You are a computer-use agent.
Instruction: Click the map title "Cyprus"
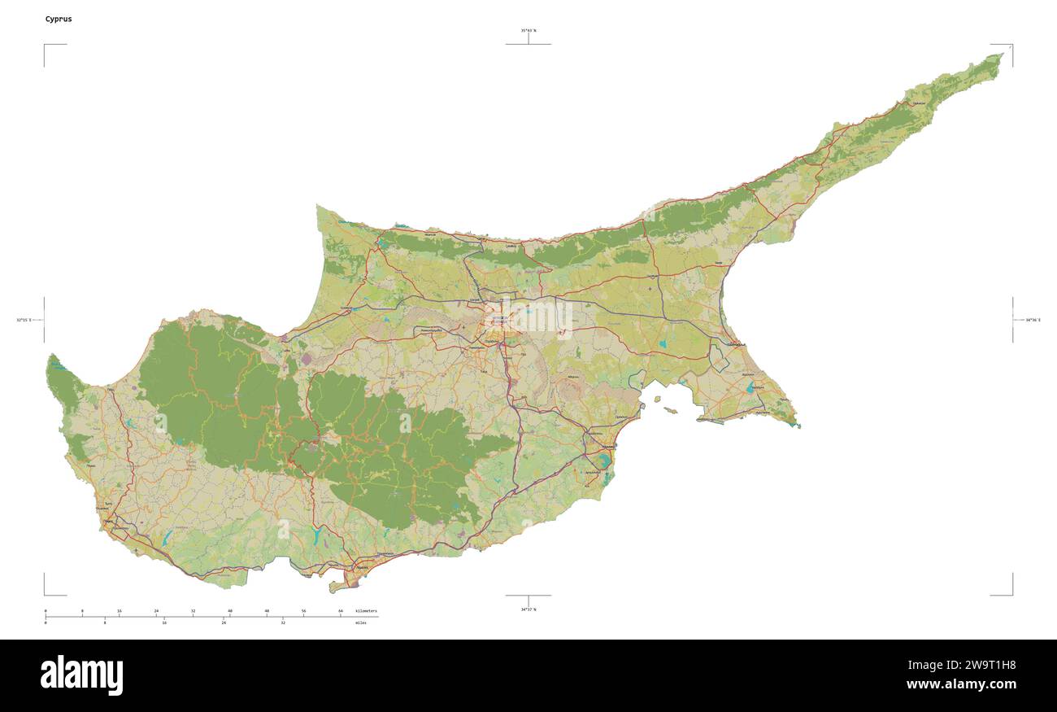point(59,19)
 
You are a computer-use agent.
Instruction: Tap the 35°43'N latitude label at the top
point(528,31)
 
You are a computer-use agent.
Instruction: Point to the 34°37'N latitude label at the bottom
point(528,609)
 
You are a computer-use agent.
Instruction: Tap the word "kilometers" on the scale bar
point(366,610)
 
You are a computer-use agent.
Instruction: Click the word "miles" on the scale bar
point(360,622)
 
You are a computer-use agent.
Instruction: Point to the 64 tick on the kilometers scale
point(341,610)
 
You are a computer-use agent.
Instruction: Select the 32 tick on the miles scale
point(283,622)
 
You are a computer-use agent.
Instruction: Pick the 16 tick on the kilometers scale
point(120,610)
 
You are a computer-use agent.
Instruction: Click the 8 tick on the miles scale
point(105,622)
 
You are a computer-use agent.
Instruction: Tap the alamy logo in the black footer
point(81,675)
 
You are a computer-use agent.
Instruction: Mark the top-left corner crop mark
point(46,46)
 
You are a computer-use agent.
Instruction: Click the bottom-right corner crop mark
point(1011,593)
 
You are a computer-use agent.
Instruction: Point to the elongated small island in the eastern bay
point(670,411)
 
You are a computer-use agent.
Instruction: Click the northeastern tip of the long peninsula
point(1002,55)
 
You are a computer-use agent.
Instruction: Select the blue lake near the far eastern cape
point(750,388)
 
